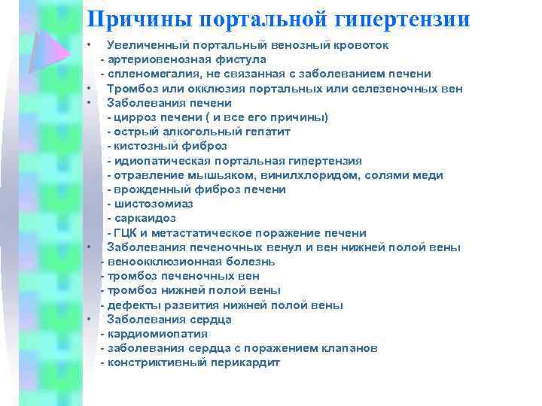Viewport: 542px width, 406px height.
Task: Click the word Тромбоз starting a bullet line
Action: [x=132, y=88]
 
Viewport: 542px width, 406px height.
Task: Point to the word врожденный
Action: [x=148, y=189]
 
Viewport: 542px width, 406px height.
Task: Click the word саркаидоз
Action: [x=145, y=218]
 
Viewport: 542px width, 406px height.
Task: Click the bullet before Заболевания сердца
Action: [x=89, y=320]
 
